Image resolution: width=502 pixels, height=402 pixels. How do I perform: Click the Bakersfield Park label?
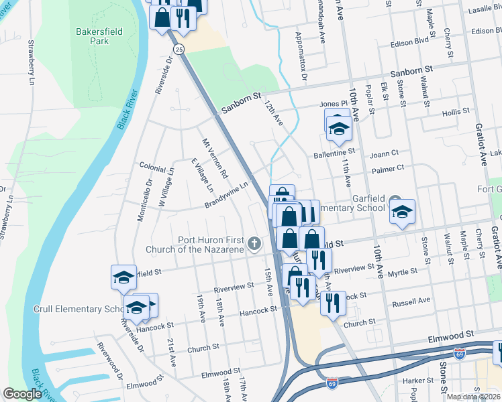point(93,36)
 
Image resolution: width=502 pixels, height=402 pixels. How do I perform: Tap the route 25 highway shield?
point(178,50)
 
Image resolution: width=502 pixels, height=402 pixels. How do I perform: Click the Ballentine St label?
point(334,154)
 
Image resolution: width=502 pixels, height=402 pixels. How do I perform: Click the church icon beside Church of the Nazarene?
point(254,245)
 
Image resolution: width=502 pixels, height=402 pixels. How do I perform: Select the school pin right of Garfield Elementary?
point(402,212)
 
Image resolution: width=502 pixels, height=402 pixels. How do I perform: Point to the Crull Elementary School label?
point(77,310)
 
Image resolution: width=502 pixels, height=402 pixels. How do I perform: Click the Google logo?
point(22,394)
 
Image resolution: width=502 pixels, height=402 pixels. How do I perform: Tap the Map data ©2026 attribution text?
point(473,397)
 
